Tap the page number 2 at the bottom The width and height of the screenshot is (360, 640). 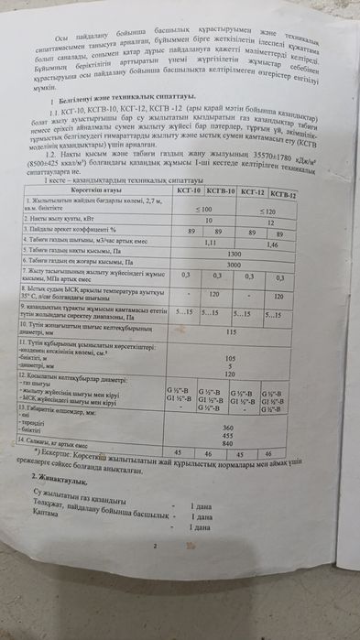(156, 547)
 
